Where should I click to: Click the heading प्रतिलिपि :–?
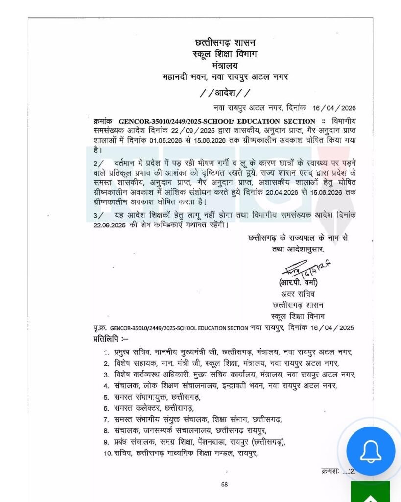(x=111, y=338)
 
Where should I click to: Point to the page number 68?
(x=225, y=484)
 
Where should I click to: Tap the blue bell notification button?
(x=371, y=451)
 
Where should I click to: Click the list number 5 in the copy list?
(x=106, y=397)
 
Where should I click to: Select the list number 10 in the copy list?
(x=107, y=453)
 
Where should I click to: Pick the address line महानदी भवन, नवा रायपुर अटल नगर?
(x=225, y=76)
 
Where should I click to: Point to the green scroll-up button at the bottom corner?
(x=371, y=493)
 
